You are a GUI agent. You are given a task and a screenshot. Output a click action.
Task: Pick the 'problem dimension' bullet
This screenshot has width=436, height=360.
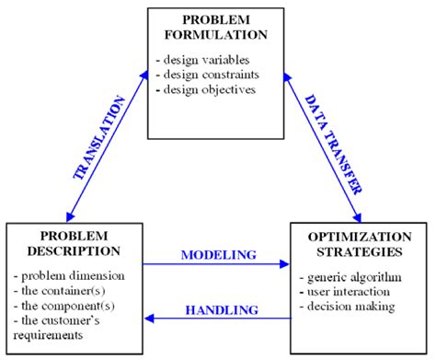(71, 276)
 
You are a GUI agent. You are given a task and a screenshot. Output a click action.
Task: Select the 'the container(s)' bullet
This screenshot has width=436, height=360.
(64, 290)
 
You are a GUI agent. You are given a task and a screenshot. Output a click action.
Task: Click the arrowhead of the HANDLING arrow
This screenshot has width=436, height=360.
(150, 318)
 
